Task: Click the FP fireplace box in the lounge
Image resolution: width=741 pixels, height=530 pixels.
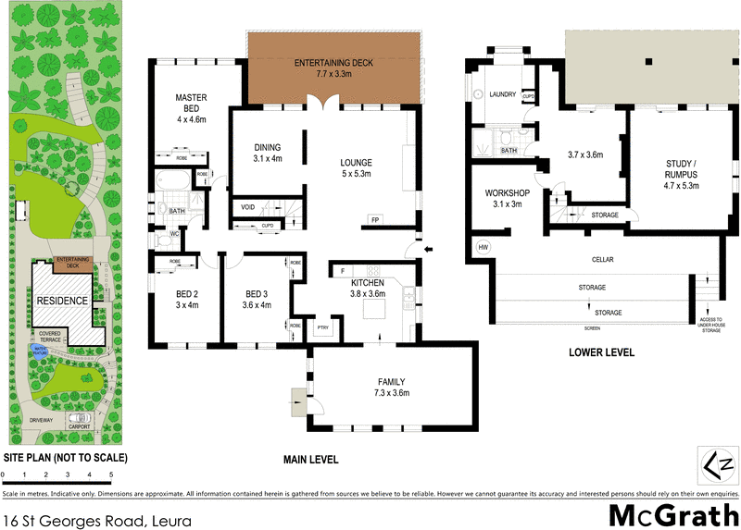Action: click(x=375, y=220)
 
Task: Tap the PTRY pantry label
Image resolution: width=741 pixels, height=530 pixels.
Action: click(x=322, y=327)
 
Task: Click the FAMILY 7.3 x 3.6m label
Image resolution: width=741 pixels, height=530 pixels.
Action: click(x=391, y=388)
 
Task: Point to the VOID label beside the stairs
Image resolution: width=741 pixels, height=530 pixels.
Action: click(x=248, y=207)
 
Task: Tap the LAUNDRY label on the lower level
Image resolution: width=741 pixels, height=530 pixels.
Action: click(x=502, y=95)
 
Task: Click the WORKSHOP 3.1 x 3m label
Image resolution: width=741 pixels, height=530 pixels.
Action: click(x=504, y=199)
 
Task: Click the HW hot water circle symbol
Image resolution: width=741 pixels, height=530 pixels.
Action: click(x=483, y=248)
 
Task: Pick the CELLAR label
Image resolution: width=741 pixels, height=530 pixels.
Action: click(x=603, y=260)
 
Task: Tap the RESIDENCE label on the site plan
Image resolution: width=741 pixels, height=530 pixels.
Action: click(x=62, y=301)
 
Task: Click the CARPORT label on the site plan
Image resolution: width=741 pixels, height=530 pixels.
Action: click(x=80, y=427)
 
